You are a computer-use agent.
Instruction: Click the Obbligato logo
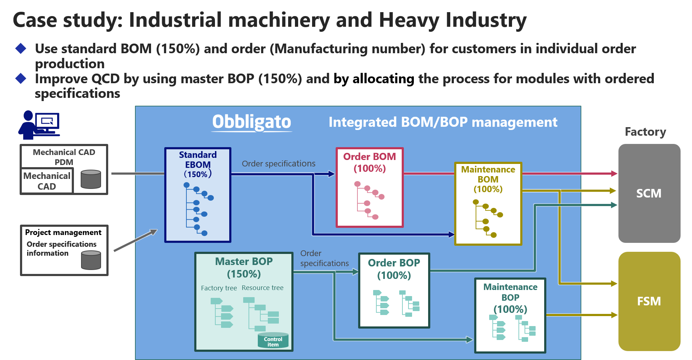pos(252,122)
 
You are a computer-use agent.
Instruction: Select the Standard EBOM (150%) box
pos(198,195)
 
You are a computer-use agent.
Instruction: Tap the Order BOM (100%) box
pos(370,187)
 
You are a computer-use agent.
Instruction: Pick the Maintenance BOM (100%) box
pos(488,204)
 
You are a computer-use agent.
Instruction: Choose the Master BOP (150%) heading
pos(244,267)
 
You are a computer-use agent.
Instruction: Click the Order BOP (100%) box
pos(394,290)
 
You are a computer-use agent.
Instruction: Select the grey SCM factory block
pos(649,193)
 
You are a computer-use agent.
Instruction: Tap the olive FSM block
pos(649,301)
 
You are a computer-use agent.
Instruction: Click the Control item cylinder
pos(273,340)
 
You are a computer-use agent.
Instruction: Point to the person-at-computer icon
pos(39,125)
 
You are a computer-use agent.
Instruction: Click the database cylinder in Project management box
pos(91,260)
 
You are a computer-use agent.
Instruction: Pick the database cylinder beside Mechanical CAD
pos(91,179)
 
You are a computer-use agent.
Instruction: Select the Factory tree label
pos(219,288)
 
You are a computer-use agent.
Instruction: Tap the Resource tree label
pos(262,287)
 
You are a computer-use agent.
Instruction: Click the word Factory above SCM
pos(646,132)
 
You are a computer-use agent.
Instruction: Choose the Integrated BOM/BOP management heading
pos(443,122)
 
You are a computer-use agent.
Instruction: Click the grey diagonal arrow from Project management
pos(136,240)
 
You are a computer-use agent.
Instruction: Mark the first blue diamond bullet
pos(21,48)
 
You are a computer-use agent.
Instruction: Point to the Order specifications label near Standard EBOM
pos(279,164)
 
